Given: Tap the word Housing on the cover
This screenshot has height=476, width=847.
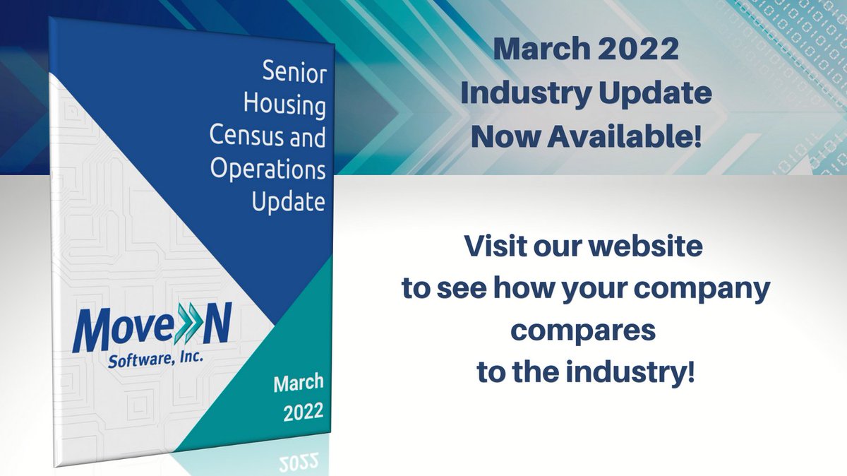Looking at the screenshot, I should (284, 105).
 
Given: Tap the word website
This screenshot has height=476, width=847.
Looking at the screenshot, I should (644, 248).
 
